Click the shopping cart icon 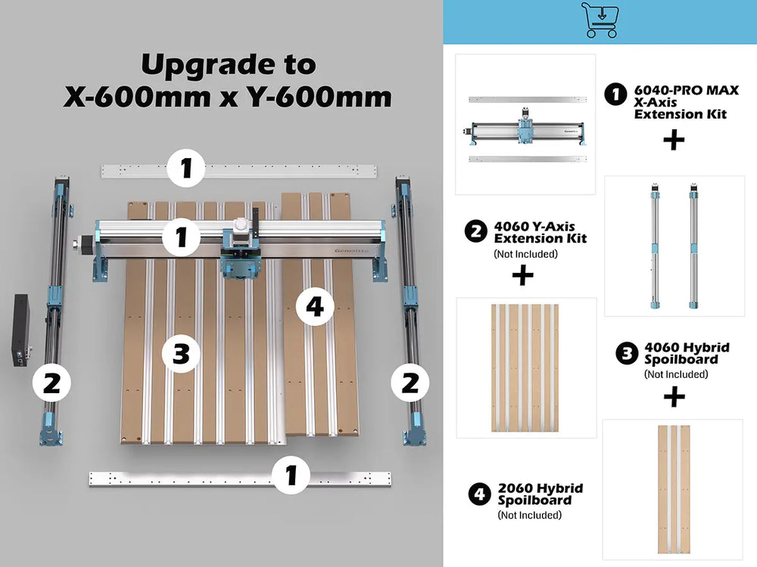(x=600, y=20)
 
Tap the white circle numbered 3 (x=181, y=353)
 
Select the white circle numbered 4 (x=315, y=306)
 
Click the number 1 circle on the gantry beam (x=182, y=237)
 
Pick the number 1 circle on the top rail (x=186, y=169)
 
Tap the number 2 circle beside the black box (x=51, y=383)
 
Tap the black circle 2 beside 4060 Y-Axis (x=476, y=231)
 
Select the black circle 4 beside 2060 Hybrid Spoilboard (x=479, y=494)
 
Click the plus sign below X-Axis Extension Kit (x=673, y=140)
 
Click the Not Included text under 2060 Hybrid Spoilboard (x=529, y=515)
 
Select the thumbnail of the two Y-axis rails (x=673, y=246)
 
